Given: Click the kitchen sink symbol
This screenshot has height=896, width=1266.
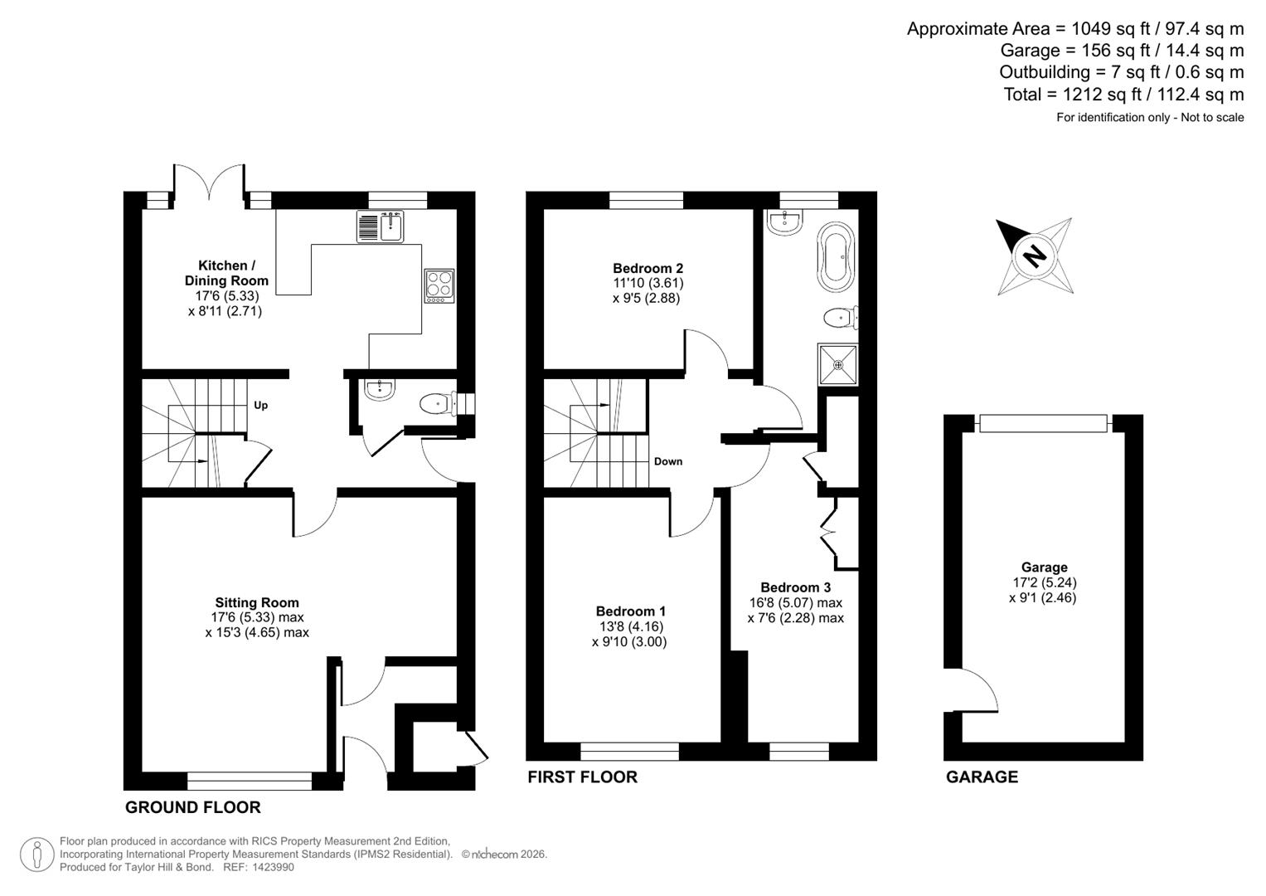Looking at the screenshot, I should (381, 226).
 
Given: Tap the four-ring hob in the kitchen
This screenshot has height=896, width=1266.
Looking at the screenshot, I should (439, 285).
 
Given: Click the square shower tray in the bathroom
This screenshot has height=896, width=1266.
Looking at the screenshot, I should (838, 364).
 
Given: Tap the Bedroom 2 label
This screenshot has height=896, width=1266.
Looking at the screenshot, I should (648, 268).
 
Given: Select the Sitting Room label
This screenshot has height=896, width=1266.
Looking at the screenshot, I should (257, 602).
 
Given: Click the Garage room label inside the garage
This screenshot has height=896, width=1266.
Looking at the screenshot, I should (1044, 567).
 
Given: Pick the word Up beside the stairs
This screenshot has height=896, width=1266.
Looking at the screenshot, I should (261, 406).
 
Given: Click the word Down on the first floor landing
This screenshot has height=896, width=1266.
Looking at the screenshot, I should (667, 461).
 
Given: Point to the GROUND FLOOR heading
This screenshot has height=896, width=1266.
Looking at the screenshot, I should (192, 807).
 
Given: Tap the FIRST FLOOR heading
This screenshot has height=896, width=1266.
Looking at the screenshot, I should (583, 777).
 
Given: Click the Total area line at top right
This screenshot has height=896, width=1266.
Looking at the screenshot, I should (1123, 95).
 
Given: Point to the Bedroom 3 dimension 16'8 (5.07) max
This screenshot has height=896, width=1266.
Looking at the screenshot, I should (795, 603).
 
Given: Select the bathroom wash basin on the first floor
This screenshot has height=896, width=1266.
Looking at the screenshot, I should (784, 221).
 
